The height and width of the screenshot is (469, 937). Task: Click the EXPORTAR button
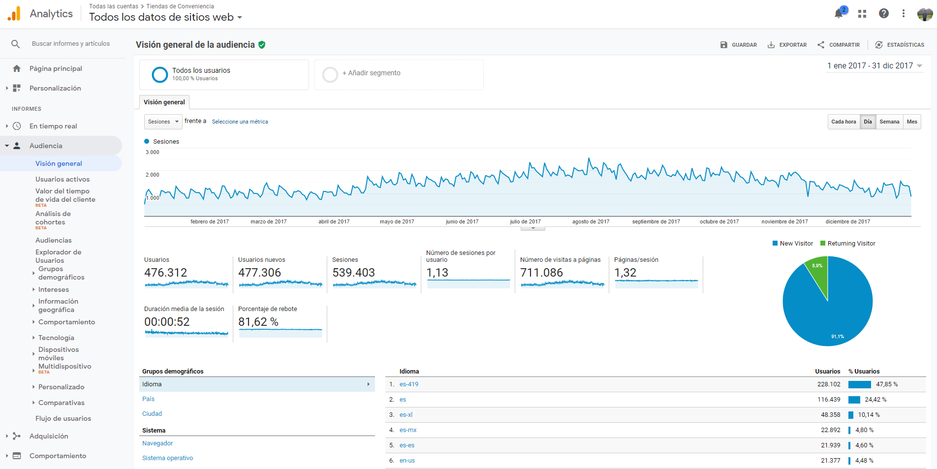point(787,45)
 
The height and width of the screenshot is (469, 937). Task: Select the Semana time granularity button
point(889,122)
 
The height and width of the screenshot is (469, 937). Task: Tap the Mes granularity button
point(912,122)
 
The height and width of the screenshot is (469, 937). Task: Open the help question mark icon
point(884,14)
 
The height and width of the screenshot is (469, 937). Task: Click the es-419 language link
point(409,384)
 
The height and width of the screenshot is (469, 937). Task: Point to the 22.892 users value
point(831,430)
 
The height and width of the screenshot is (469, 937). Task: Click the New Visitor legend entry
point(793,244)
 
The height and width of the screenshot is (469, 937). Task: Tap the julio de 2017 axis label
point(525,221)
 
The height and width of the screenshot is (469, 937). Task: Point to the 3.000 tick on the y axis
point(153,152)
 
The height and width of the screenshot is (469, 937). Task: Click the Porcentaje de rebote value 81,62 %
point(258,322)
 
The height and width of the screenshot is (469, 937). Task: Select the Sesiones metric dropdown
point(163,122)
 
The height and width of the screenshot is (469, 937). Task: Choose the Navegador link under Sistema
point(157,443)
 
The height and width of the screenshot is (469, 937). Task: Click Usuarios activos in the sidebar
point(62,179)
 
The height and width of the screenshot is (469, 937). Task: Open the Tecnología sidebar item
point(56,338)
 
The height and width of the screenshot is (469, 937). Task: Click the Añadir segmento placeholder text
point(372,73)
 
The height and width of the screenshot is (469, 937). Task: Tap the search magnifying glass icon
point(16,44)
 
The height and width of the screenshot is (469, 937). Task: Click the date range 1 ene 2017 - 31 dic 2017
point(870,65)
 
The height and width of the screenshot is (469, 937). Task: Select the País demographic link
point(148,399)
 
